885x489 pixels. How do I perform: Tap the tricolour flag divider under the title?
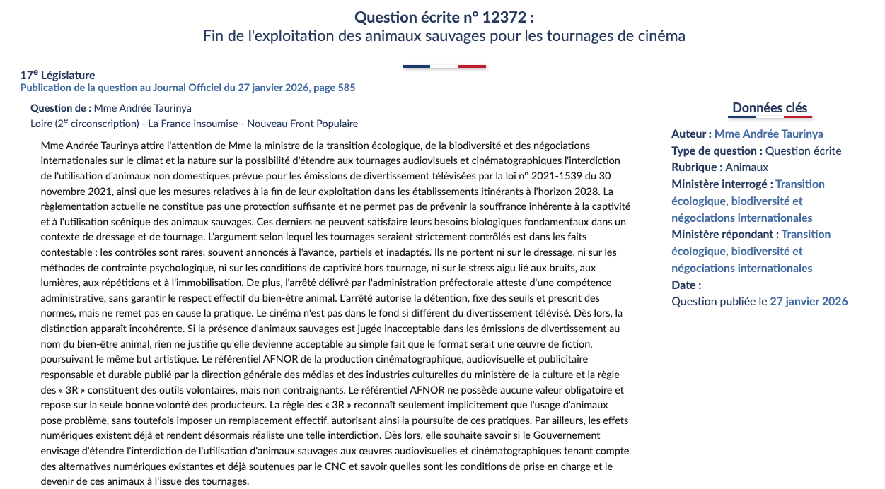click(x=444, y=66)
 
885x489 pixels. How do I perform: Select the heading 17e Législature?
click(x=57, y=75)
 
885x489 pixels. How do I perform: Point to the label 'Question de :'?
click(x=61, y=108)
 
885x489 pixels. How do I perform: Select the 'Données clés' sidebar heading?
click(x=770, y=107)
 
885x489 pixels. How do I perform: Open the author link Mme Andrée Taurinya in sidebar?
click(x=768, y=134)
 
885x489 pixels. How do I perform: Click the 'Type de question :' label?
click(x=717, y=151)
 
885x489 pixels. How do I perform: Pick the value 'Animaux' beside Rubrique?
click(x=746, y=167)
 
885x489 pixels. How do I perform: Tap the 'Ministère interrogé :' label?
click(x=722, y=184)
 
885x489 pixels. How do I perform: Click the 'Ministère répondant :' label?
click(x=725, y=235)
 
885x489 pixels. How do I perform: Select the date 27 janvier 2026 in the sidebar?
click(x=809, y=302)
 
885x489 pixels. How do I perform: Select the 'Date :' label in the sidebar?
click(x=686, y=285)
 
